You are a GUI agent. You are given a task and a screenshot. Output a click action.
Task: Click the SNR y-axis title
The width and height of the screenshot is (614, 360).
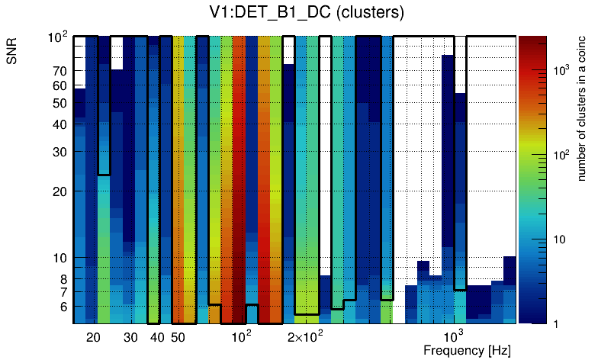(12, 54)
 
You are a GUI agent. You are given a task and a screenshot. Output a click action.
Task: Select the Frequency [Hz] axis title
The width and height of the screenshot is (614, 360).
(466, 351)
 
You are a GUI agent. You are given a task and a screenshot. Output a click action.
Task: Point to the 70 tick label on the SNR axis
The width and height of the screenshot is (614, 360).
(59, 71)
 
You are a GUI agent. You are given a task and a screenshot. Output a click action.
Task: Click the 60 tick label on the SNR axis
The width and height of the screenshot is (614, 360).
(59, 85)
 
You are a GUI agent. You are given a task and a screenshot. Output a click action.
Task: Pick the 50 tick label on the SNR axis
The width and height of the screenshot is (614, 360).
(59, 103)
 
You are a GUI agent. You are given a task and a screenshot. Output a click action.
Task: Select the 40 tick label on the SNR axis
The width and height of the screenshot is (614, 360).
(59, 124)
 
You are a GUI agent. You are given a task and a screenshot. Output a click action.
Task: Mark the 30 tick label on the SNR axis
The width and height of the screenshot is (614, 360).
(59, 152)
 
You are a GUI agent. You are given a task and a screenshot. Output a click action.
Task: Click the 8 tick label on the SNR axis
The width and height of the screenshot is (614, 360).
(63, 279)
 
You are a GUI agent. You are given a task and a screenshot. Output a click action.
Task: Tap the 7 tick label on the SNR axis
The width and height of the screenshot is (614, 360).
(63, 292)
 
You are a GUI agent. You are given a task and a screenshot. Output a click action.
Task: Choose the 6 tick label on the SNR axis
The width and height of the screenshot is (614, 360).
(63, 307)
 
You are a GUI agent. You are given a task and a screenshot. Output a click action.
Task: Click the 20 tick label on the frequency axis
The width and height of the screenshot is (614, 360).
(93, 337)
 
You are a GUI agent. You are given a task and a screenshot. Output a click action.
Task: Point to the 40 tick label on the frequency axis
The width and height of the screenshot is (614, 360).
(157, 337)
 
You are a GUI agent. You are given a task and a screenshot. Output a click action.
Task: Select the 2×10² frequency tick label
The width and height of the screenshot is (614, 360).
(305, 336)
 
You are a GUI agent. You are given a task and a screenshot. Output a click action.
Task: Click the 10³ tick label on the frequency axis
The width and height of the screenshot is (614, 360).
(454, 336)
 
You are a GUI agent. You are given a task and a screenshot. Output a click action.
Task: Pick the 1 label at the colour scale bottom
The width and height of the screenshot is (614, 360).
(555, 324)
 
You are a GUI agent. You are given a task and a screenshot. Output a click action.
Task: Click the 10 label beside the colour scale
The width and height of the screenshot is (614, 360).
(558, 239)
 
